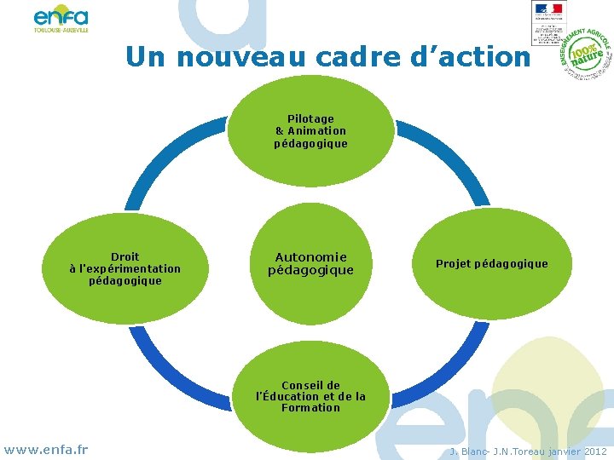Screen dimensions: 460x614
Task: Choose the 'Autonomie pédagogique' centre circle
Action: click(310, 263)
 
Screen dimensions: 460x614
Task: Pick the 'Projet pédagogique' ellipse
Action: click(492, 264)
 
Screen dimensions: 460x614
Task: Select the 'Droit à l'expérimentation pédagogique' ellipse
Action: click(125, 269)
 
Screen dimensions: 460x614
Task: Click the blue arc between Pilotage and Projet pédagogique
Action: click(448, 158)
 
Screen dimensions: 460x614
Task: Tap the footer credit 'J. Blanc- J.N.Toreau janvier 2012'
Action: click(528, 451)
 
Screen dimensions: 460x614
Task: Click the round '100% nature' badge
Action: click(588, 55)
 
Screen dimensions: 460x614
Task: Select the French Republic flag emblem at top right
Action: click(548, 9)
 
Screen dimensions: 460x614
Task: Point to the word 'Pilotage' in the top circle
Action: click(310, 118)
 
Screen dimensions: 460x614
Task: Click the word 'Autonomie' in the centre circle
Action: click(310, 256)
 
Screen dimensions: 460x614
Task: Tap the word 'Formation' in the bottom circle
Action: click(310, 408)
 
